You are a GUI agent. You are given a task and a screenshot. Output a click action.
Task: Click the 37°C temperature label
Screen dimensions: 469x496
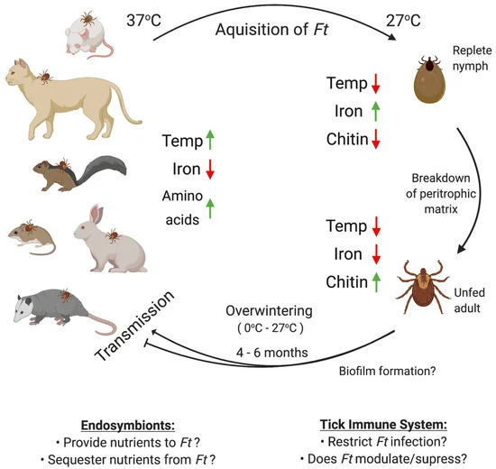point(146,16)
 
